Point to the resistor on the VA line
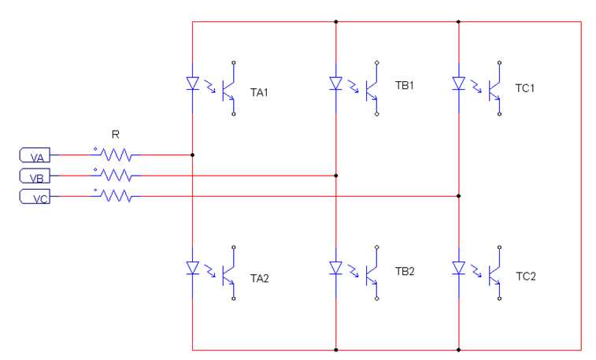point(117,155)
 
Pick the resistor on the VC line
point(117,195)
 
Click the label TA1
point(260,92)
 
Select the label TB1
point(405,86)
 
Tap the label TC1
point(525,88)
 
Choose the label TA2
point(260,278)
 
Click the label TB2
point(405,272)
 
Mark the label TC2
point(525,276)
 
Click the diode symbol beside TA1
point(193,83)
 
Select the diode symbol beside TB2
point(336,269)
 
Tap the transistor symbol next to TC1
point(495,86)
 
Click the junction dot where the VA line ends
point(193,155)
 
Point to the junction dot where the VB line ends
point(336,176)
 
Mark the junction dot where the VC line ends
point(459,195)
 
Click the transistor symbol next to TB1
point(372,87)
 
